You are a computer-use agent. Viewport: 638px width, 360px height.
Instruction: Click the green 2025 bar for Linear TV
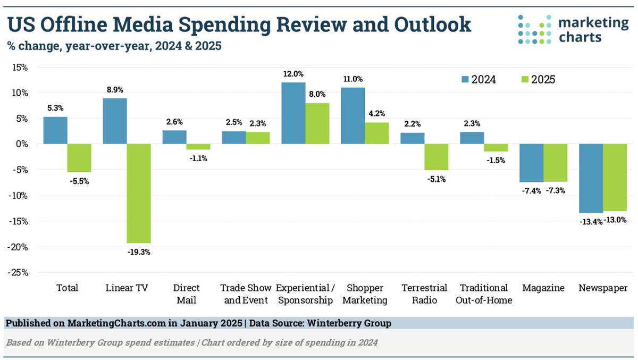139,194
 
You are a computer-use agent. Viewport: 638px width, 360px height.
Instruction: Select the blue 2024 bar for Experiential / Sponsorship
293,113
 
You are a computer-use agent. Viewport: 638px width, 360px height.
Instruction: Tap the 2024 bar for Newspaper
591,178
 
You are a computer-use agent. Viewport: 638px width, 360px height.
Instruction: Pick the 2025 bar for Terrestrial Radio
436,157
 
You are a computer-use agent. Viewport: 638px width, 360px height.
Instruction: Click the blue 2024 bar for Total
55,130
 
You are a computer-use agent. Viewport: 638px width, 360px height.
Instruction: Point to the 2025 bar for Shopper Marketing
377,133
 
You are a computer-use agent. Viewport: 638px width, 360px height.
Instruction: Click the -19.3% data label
139,252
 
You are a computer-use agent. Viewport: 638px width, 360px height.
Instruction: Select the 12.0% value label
293,74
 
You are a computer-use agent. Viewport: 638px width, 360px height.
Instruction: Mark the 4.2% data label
377,113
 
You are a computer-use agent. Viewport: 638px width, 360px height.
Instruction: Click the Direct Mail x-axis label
187,294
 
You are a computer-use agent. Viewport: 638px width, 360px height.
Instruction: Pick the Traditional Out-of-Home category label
484,294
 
